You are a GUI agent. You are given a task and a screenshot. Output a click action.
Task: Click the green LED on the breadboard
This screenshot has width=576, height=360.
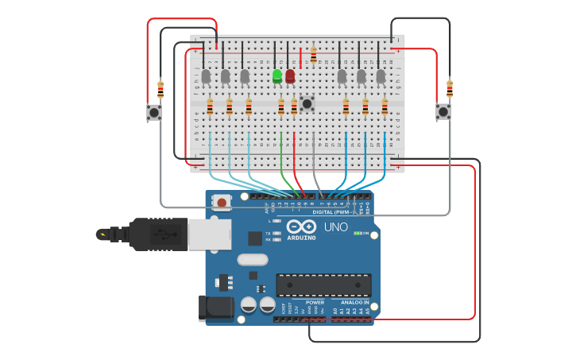point(277,76)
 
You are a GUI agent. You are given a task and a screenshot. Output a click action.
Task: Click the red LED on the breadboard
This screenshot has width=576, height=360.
point(290,76)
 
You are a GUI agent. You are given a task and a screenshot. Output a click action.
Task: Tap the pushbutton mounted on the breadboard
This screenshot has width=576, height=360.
point(307,103)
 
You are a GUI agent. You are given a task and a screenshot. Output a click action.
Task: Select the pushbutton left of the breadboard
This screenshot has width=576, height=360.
point(154,112)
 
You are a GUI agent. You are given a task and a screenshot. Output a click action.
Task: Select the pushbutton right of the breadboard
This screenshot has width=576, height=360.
point(443,112)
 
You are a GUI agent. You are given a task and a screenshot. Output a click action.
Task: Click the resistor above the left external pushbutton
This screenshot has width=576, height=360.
point(160,89)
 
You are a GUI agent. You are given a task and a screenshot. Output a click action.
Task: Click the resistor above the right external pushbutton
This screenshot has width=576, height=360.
point(450,88)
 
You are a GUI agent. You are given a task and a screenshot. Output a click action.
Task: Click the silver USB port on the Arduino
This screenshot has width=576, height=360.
point(210,234)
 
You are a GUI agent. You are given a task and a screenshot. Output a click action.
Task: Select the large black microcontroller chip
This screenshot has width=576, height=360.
point(323,285)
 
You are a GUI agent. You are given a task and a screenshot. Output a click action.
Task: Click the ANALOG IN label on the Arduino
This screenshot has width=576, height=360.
point(354,302)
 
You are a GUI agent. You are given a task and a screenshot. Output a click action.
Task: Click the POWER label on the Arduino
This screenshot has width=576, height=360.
point(315,302)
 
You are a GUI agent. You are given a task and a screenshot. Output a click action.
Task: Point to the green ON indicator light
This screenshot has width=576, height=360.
point(358,233)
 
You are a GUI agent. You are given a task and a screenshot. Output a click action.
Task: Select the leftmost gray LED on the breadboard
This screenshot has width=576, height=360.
point(206,76)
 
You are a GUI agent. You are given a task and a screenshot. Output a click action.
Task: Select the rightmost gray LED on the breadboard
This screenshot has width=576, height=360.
point(381,76)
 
